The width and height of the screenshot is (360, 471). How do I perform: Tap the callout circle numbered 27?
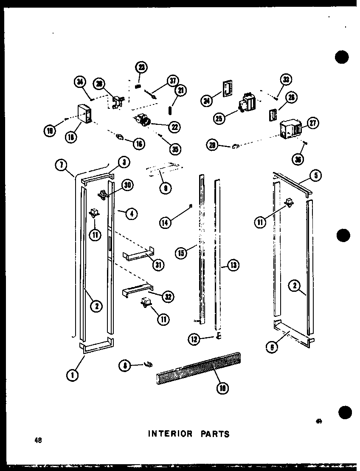point(313,124)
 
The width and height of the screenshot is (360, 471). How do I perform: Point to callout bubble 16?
point(138,144)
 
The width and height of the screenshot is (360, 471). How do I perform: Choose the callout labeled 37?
point(173,81)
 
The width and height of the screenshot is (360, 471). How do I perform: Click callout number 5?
point(315,175)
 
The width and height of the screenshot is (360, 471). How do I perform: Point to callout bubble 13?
point(233,266)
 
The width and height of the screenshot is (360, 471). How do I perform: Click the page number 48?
point(39,440)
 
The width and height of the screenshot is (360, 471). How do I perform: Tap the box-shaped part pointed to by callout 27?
point(290,128)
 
